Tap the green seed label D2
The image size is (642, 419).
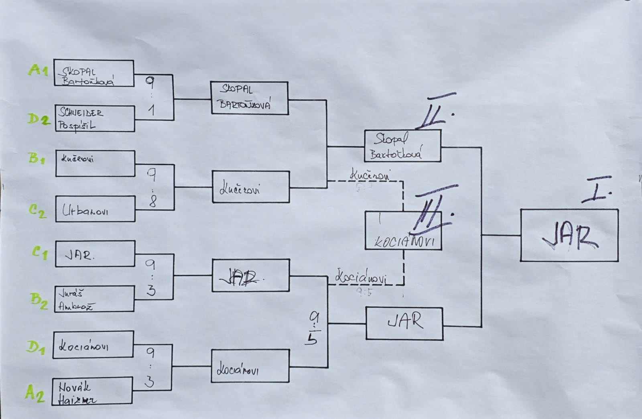pos(39,119)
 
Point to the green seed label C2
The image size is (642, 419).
pos(38,211)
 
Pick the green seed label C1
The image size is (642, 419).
pos(39,253)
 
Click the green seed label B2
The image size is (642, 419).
pos(39,301)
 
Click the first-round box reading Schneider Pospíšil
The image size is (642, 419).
pos(94,118)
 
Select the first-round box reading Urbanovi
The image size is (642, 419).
pos(95,209)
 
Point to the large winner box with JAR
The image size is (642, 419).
pos(569,235)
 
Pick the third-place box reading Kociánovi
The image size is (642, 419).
pos(403,231)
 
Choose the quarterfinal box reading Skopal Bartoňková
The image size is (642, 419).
pos(249,98)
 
